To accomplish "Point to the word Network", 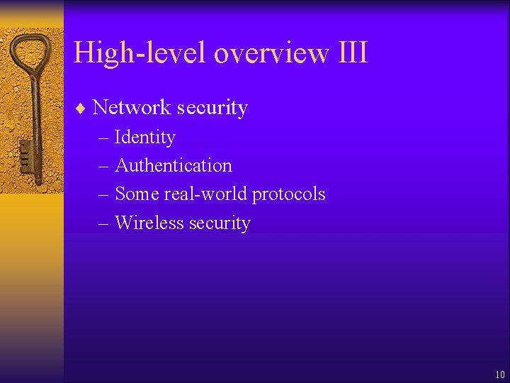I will (132, 108).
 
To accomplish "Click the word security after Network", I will (212, 108).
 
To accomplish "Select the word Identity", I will (144, 137).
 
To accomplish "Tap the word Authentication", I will (174, 165).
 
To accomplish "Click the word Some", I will (132, 194).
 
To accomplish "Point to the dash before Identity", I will (104, 138).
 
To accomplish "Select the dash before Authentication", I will (104, 166).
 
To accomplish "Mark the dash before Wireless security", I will (104, 223).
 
